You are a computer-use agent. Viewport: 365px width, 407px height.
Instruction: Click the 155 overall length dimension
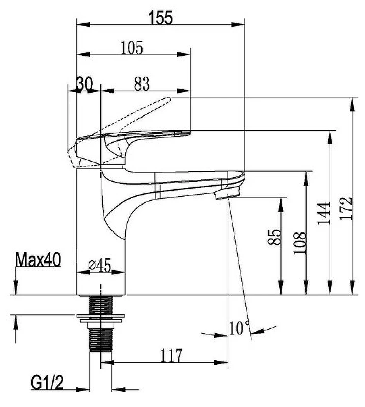coord(160,18)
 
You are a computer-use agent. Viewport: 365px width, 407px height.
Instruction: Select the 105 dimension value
coord(132,48)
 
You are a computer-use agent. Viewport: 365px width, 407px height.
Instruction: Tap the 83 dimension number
coord(142,83)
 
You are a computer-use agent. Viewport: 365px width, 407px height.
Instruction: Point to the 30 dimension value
coord(85,84)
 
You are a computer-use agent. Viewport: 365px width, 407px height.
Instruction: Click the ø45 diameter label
coord(100,265)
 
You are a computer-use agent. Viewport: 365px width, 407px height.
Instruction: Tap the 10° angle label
coord(240,327)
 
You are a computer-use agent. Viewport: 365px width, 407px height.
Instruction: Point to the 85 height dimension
coord(274,237)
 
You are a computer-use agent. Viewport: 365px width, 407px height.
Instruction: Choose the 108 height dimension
coord(300,243)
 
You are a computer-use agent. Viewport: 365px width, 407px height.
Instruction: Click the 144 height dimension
coord(324,213)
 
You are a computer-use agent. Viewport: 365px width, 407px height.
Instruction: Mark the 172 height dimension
coord(346,209)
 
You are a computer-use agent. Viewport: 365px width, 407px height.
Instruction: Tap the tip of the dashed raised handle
coord(169,99)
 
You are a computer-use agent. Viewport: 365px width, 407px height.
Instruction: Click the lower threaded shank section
coord(100,340)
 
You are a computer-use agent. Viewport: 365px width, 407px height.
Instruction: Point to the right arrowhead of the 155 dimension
coord(238,25)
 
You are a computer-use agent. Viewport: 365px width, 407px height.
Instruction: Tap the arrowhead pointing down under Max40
coord(16,288)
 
